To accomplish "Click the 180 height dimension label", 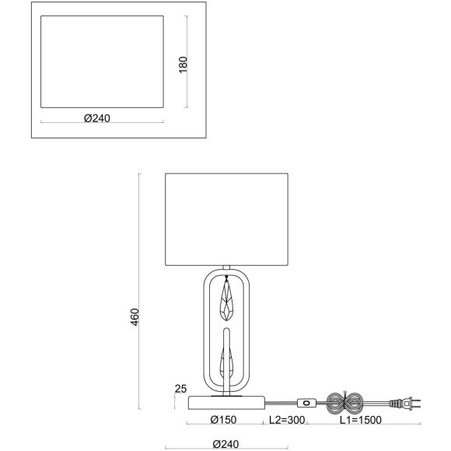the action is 183,65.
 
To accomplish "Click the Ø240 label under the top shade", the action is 97,118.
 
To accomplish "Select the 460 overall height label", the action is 135,317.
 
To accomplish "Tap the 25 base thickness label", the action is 181,389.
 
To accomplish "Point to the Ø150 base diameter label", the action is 223,420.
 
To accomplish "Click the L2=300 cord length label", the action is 287,420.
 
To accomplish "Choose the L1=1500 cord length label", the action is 361,420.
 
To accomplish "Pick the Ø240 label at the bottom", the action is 226,444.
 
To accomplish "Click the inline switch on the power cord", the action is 306,403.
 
